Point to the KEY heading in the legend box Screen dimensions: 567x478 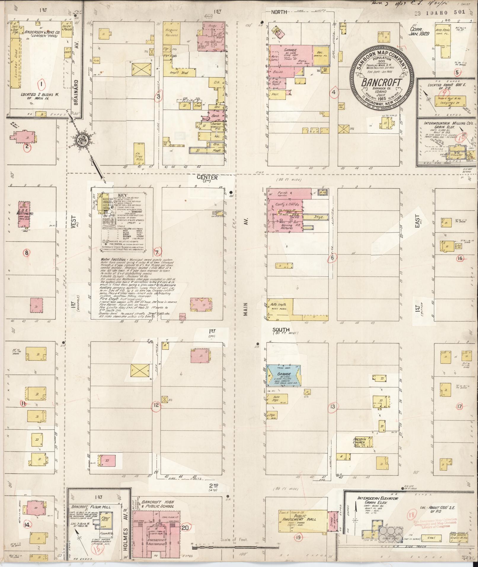pyautogui.click(x=122, y=195)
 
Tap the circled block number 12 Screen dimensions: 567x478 pyautogui.click(x=156, y=405)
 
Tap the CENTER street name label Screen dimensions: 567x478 pyautogui.click(x=207, y=178)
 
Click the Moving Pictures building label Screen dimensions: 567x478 pyautogui.click(x=286, y=227)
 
